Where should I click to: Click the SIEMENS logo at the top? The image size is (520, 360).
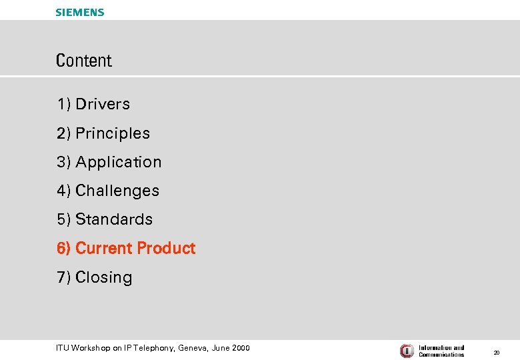coord(79,12)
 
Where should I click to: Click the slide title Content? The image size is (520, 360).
coord(84,61)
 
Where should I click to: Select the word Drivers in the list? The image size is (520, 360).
coord(103,104)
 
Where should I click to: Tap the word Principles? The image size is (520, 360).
coord(113,133)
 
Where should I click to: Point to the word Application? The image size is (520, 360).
coord(119,162)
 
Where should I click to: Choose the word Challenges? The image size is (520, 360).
coord(117,191)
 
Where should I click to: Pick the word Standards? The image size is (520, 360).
coord(114,219)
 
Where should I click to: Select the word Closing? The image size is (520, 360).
coord(104,277)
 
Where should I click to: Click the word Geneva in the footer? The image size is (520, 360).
coord(194,348)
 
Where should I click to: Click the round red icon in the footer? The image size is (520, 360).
coord(407,351)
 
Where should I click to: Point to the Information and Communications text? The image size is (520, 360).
coord(441,351)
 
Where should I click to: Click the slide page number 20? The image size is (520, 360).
coord(496,352)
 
